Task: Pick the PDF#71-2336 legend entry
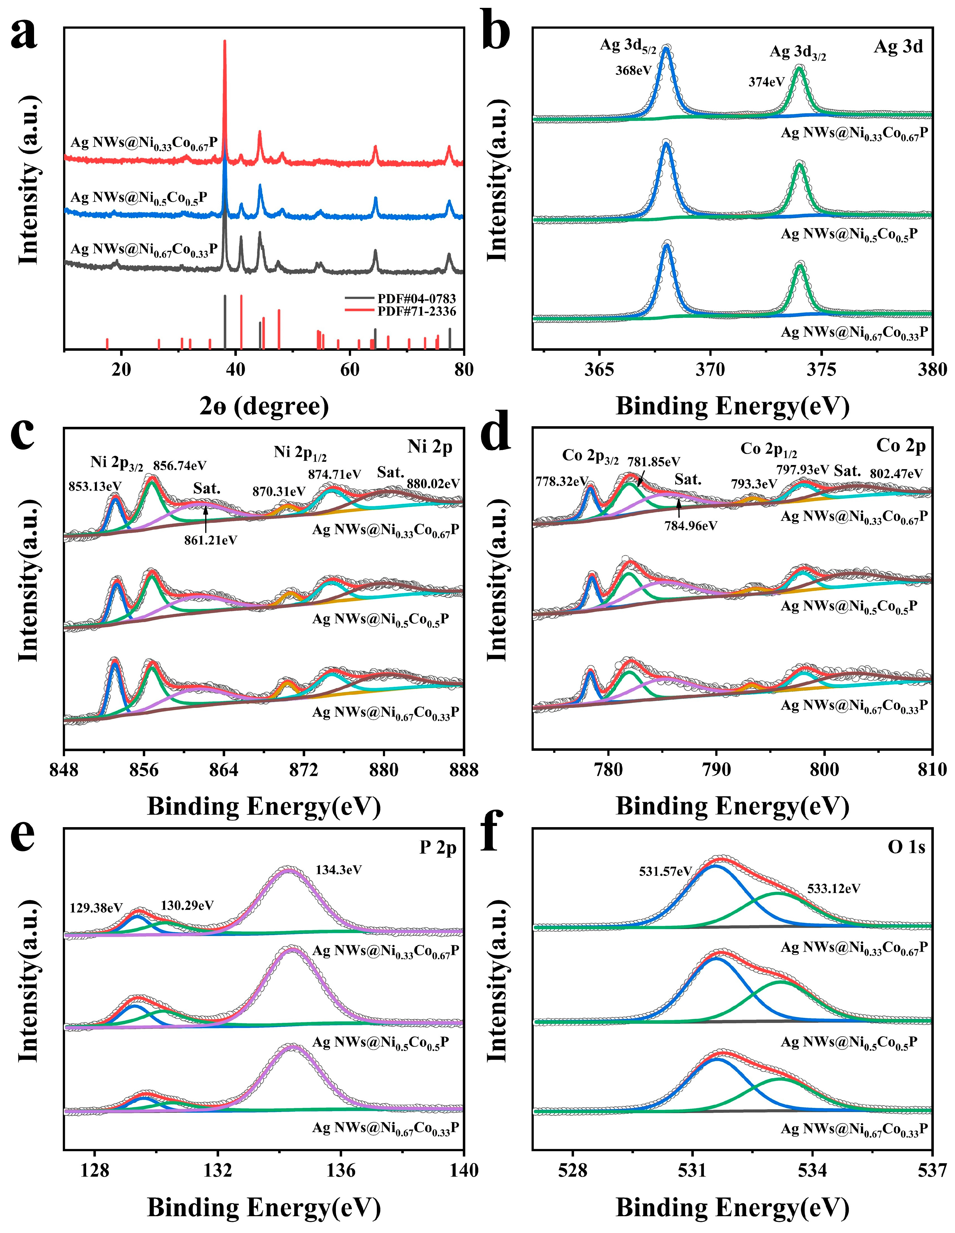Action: (416, 311)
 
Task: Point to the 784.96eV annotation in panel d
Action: (691, 526)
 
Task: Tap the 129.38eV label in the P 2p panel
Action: (96, 908)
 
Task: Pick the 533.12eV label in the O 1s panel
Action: (834, 888)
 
